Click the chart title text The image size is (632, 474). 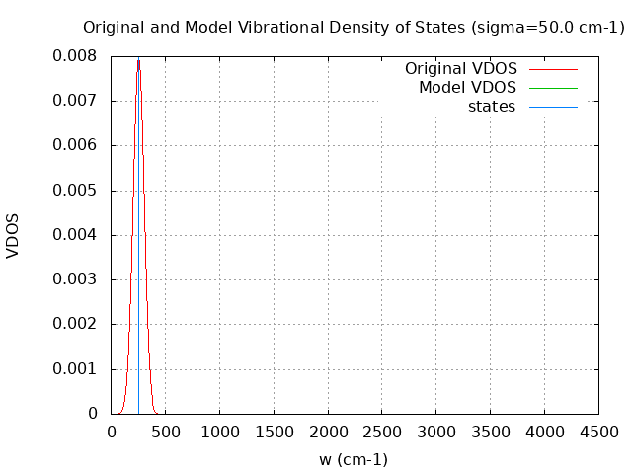[354, 28]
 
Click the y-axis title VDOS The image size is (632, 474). [13, 235]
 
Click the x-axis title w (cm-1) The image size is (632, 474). [354, 459]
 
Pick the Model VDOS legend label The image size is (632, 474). [467, 88]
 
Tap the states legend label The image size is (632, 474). [492, 107]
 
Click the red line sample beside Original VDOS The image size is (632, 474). [553, 69]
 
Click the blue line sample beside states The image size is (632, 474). [553, 107]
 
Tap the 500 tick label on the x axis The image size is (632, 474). [165, 432]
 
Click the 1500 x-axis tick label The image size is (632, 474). [274, 432]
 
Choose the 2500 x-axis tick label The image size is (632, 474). [382, 432]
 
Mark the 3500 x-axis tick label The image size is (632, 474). [490, 432]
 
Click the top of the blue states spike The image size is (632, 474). [138, 60]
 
